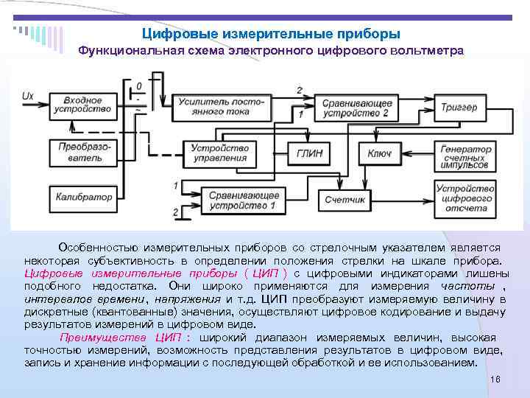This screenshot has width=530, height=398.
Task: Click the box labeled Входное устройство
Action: [x=82, y=105]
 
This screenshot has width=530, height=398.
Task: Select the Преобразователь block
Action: [x=82, y=153]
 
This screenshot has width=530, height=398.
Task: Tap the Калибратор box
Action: [x=83, y=197]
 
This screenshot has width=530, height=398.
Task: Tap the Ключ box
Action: [x=379, y=153]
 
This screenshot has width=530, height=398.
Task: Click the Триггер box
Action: [x=459, y=107]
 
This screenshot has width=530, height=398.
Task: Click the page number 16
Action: [x=495, y=378]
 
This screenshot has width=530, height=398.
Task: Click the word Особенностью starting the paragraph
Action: [x=96, y=248]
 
